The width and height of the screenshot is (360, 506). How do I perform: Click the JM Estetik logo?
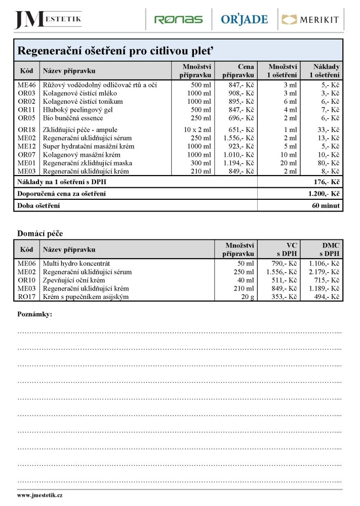click(x=48, y=19)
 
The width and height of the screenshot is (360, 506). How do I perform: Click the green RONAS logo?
click(x=178, y=20)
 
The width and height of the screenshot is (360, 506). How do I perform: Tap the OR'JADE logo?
click(x=244, y=20)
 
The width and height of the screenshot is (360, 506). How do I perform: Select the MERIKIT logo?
click(x=310, y=20)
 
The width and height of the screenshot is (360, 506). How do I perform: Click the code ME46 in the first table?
click(x=26, y=85)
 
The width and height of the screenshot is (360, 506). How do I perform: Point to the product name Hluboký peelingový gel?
click(x=77, y=109)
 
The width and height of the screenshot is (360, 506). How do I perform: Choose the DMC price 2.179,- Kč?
click(x=324, y=272)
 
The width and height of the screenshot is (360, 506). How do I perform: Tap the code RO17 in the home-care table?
click(x=26, y=297)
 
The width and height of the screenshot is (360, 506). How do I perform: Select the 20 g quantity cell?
click(x=247, y=297)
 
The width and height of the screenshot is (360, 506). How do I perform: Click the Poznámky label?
click(x=34, y=314)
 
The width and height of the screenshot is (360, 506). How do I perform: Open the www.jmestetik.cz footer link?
click(x=39, y=495)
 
